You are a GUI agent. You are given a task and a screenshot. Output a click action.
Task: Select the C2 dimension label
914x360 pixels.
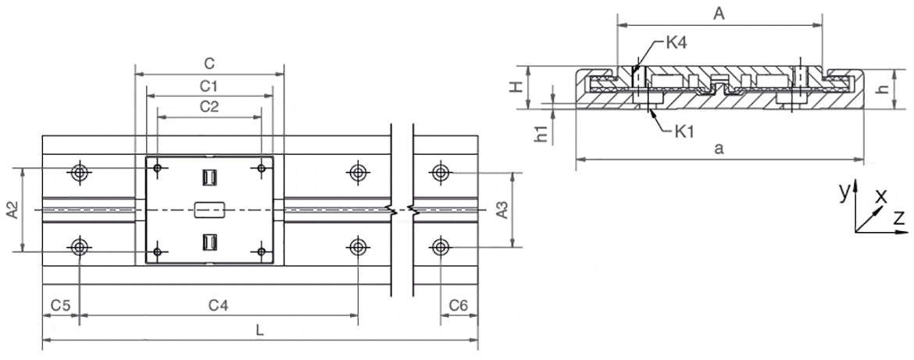(209, 106)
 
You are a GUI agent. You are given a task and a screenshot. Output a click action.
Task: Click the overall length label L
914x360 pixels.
(260, 330)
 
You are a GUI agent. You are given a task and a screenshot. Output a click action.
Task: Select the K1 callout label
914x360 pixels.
(685, 130)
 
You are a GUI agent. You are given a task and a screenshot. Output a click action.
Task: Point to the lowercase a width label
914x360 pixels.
(719, 150)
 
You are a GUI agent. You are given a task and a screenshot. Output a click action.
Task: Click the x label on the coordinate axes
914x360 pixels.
(881, 195)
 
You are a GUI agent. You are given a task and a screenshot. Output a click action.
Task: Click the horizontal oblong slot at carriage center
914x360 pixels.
(209, 209)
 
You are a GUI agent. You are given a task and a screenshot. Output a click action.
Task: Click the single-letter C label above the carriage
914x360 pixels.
(209, 62)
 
